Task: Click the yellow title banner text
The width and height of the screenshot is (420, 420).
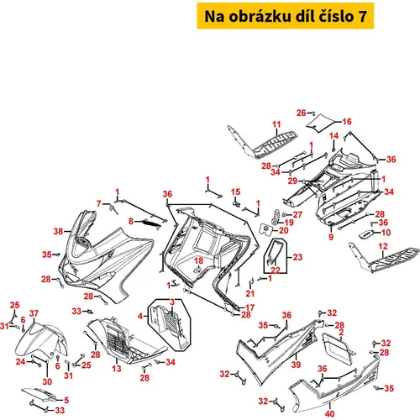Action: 286,16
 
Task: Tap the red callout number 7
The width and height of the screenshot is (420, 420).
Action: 99,203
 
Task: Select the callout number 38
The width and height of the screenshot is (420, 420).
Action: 58,231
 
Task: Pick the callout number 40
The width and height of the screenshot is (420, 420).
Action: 330,413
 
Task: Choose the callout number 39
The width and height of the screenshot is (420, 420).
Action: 296,365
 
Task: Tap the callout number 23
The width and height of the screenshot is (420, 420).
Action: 297,257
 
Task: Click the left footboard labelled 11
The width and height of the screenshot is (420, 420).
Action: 262,142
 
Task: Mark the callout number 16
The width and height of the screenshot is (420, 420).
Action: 347,122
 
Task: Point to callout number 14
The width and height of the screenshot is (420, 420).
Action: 333,136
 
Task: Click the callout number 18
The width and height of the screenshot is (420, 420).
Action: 198,260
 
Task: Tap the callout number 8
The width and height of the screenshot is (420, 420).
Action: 131,221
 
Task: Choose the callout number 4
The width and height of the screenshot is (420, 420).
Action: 140,316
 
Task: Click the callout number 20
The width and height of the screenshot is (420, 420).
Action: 284,230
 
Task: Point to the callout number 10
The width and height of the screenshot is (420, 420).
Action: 386,233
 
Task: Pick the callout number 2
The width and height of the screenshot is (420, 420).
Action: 341,333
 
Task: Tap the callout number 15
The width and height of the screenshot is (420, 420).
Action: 235,192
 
